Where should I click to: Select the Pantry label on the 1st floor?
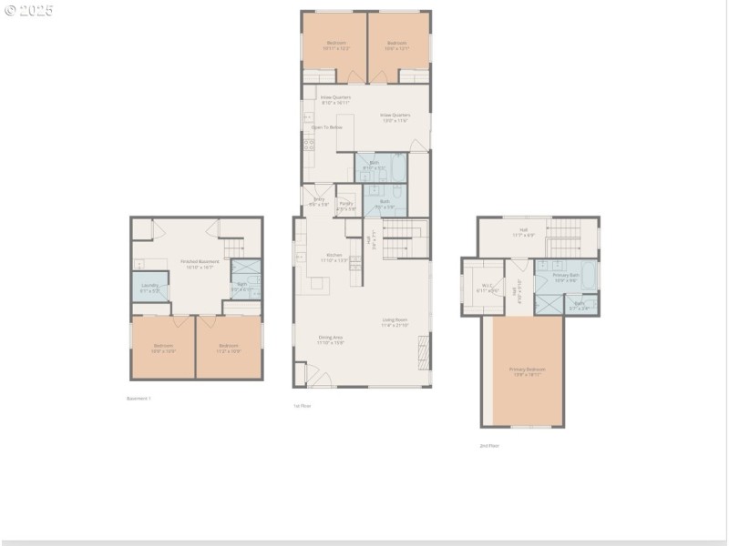346,206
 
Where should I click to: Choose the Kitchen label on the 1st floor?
334,257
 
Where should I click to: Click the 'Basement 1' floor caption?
139,399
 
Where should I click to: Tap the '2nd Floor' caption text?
488,446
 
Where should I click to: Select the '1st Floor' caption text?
302,406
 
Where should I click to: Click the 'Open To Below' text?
327,127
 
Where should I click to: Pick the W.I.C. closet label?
481,288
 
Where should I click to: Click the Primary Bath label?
566,278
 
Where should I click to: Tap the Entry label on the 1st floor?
319,201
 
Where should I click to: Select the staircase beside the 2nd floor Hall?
563,238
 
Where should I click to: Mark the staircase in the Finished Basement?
234,248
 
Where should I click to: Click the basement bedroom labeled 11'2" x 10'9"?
229,347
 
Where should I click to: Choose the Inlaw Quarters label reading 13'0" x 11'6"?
395,117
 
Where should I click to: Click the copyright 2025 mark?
29,10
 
